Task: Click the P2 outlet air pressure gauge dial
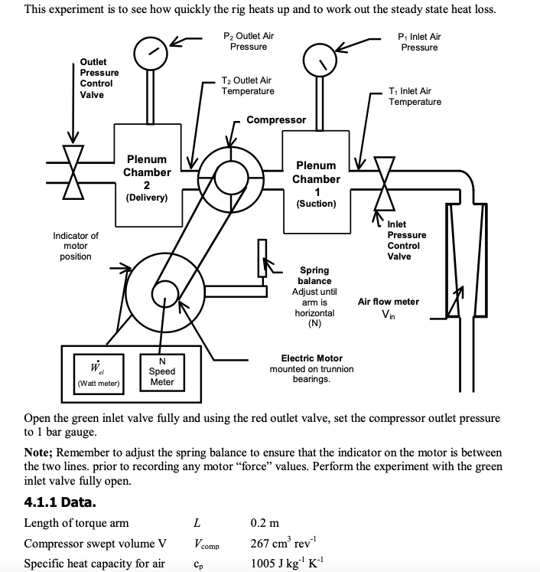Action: [x=150, y=51]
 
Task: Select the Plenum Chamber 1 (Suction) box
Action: [x=315, y=184]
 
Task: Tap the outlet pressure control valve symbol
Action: [x=73, y=173]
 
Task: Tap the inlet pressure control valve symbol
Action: [x=381, y=184]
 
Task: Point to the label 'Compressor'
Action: [x=275, y=120]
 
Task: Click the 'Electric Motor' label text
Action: [x=311, y=358]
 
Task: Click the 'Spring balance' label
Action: [x=314, y=276]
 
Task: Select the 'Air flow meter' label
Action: [x=389, y=302]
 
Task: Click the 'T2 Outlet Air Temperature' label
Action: [x=247, y=86]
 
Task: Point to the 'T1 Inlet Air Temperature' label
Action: [x=415, y=96]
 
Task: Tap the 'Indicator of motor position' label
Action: [x=75, y=246]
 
